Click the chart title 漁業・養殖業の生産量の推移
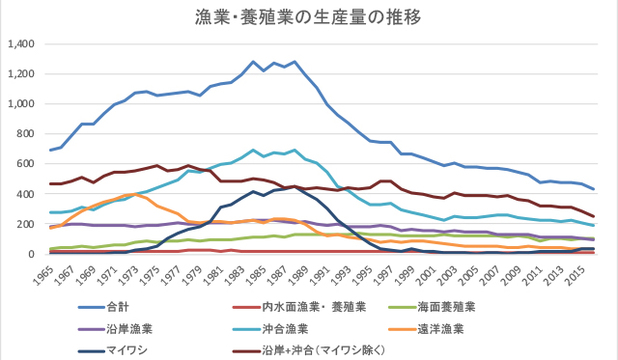tap(308, 17)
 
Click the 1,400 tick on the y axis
tap(21, 45)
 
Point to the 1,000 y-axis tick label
tap(21, 104)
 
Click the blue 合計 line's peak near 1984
tap(252, 62)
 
